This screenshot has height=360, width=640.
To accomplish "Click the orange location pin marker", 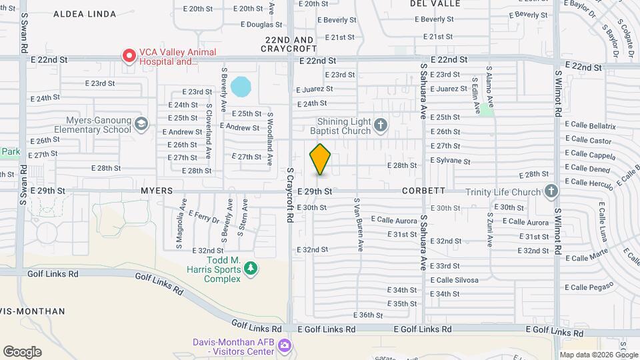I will click(321, 159).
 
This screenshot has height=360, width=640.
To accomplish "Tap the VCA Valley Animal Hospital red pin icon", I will click(127, 56).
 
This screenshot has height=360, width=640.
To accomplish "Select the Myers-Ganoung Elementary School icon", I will click(141, 123).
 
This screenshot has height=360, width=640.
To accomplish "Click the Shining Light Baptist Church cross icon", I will click(380, 124).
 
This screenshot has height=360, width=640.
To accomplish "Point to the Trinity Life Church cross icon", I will click(551, 192).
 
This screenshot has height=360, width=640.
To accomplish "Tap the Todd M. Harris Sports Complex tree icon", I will click(251, 268).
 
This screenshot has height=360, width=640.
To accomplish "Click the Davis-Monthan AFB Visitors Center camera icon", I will click(285, 345).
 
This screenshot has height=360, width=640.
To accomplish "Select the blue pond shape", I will click(240, 87).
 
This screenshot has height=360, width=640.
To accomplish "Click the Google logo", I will click(22, 352).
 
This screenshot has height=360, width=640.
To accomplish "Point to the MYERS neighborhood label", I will click(157, 191).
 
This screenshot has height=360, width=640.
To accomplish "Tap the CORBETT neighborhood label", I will click(423, 191).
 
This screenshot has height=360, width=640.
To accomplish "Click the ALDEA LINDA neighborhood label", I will click(85, 14).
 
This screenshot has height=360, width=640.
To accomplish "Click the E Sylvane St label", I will click(450, 161).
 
